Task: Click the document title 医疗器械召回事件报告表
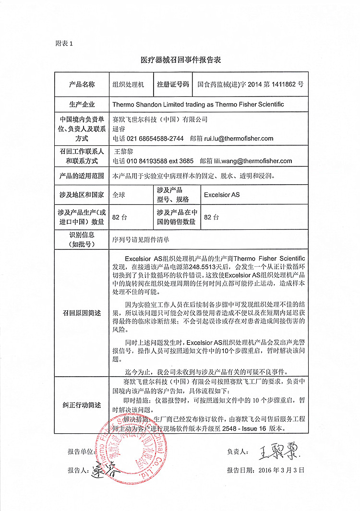point(180,60)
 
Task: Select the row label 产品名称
point(82,84)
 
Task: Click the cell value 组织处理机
point(128,84)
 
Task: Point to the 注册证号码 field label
point(173,84)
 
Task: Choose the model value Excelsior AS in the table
point(221,195)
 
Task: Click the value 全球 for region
point(118,195)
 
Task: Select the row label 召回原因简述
point(82,313)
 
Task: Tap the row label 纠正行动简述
point(82,405)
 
